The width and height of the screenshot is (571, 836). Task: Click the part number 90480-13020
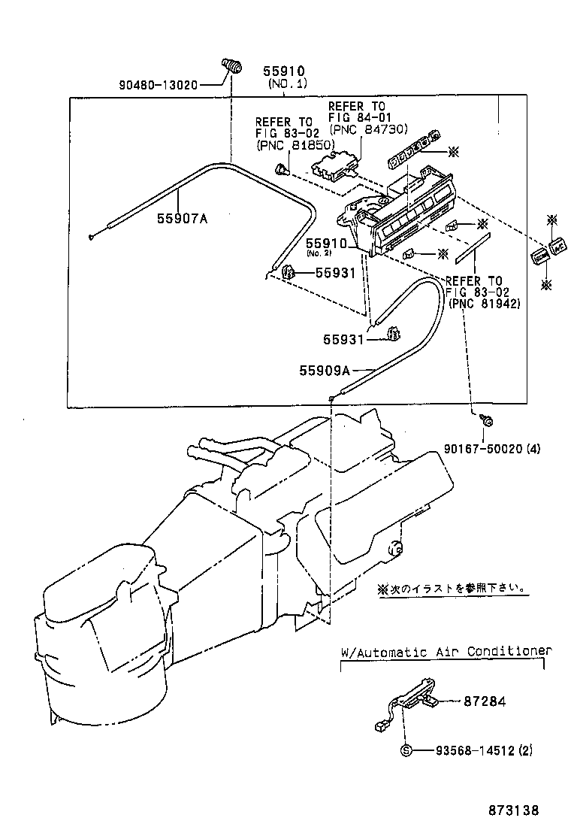(x=158, y=85)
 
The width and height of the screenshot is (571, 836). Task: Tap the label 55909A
(x=324, y=370)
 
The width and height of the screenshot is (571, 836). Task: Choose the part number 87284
(x=485, y=701)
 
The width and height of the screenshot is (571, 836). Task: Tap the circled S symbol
(x=406, y=750)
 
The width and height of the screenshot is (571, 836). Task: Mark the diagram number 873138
(x=514, y=810)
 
